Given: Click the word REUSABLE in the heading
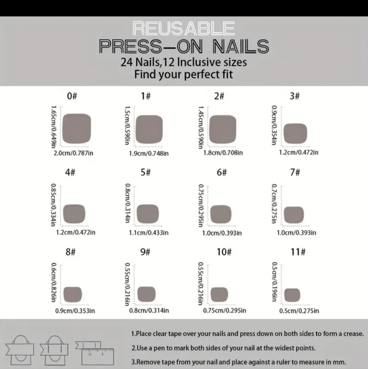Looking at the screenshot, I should click(183, 28).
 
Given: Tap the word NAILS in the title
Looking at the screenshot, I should click(231, 46).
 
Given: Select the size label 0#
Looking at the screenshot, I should click(72, 96).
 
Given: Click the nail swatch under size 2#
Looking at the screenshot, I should click(223, 128).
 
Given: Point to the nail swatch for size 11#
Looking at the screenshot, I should click(292, 294).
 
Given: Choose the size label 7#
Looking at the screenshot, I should click(295, 172).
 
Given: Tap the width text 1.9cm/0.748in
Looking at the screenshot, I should click(148, 153).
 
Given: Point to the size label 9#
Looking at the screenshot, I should click(146, 252).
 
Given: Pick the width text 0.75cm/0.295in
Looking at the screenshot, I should click(222, 310).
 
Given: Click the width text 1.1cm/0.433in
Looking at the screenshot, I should click(148, 233).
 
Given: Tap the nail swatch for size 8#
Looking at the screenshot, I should click(73, 293).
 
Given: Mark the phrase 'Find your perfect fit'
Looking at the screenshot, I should click(183, 74).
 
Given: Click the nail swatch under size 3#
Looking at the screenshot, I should click(295, 133).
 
